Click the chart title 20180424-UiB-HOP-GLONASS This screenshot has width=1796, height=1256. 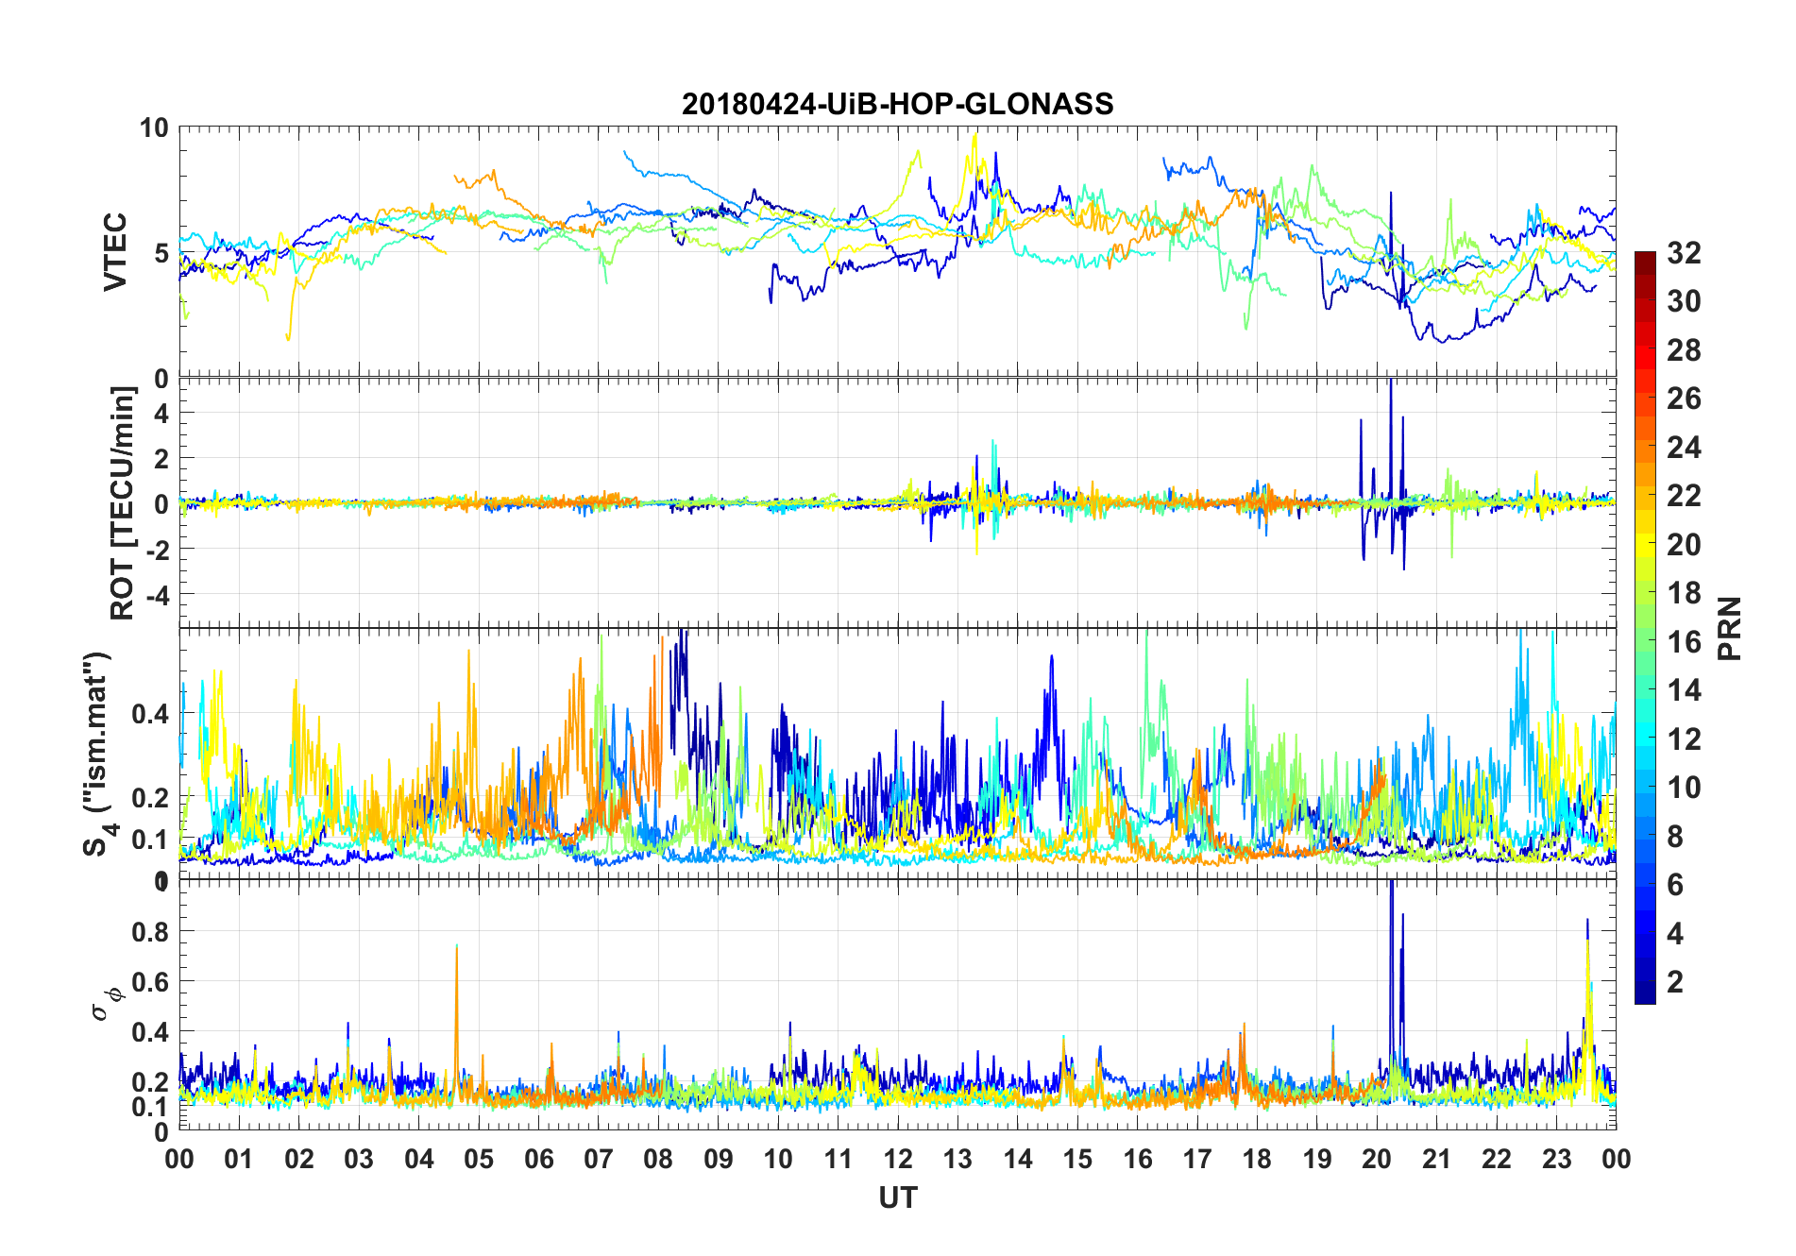897,104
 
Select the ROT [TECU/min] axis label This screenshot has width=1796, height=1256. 123,502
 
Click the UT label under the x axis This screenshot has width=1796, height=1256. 897,1197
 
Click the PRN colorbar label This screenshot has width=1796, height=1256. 1729,628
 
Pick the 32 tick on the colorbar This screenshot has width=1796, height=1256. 1684,253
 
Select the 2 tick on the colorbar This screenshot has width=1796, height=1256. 1675,982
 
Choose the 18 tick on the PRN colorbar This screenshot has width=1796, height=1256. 1684,593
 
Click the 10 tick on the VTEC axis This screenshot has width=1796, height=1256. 154,128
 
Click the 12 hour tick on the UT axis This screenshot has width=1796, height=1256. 898,1159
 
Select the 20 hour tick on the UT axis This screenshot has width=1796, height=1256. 1377,1159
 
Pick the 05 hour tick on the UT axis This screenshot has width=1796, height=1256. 479,1159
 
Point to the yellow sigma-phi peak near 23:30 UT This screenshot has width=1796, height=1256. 1587,944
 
